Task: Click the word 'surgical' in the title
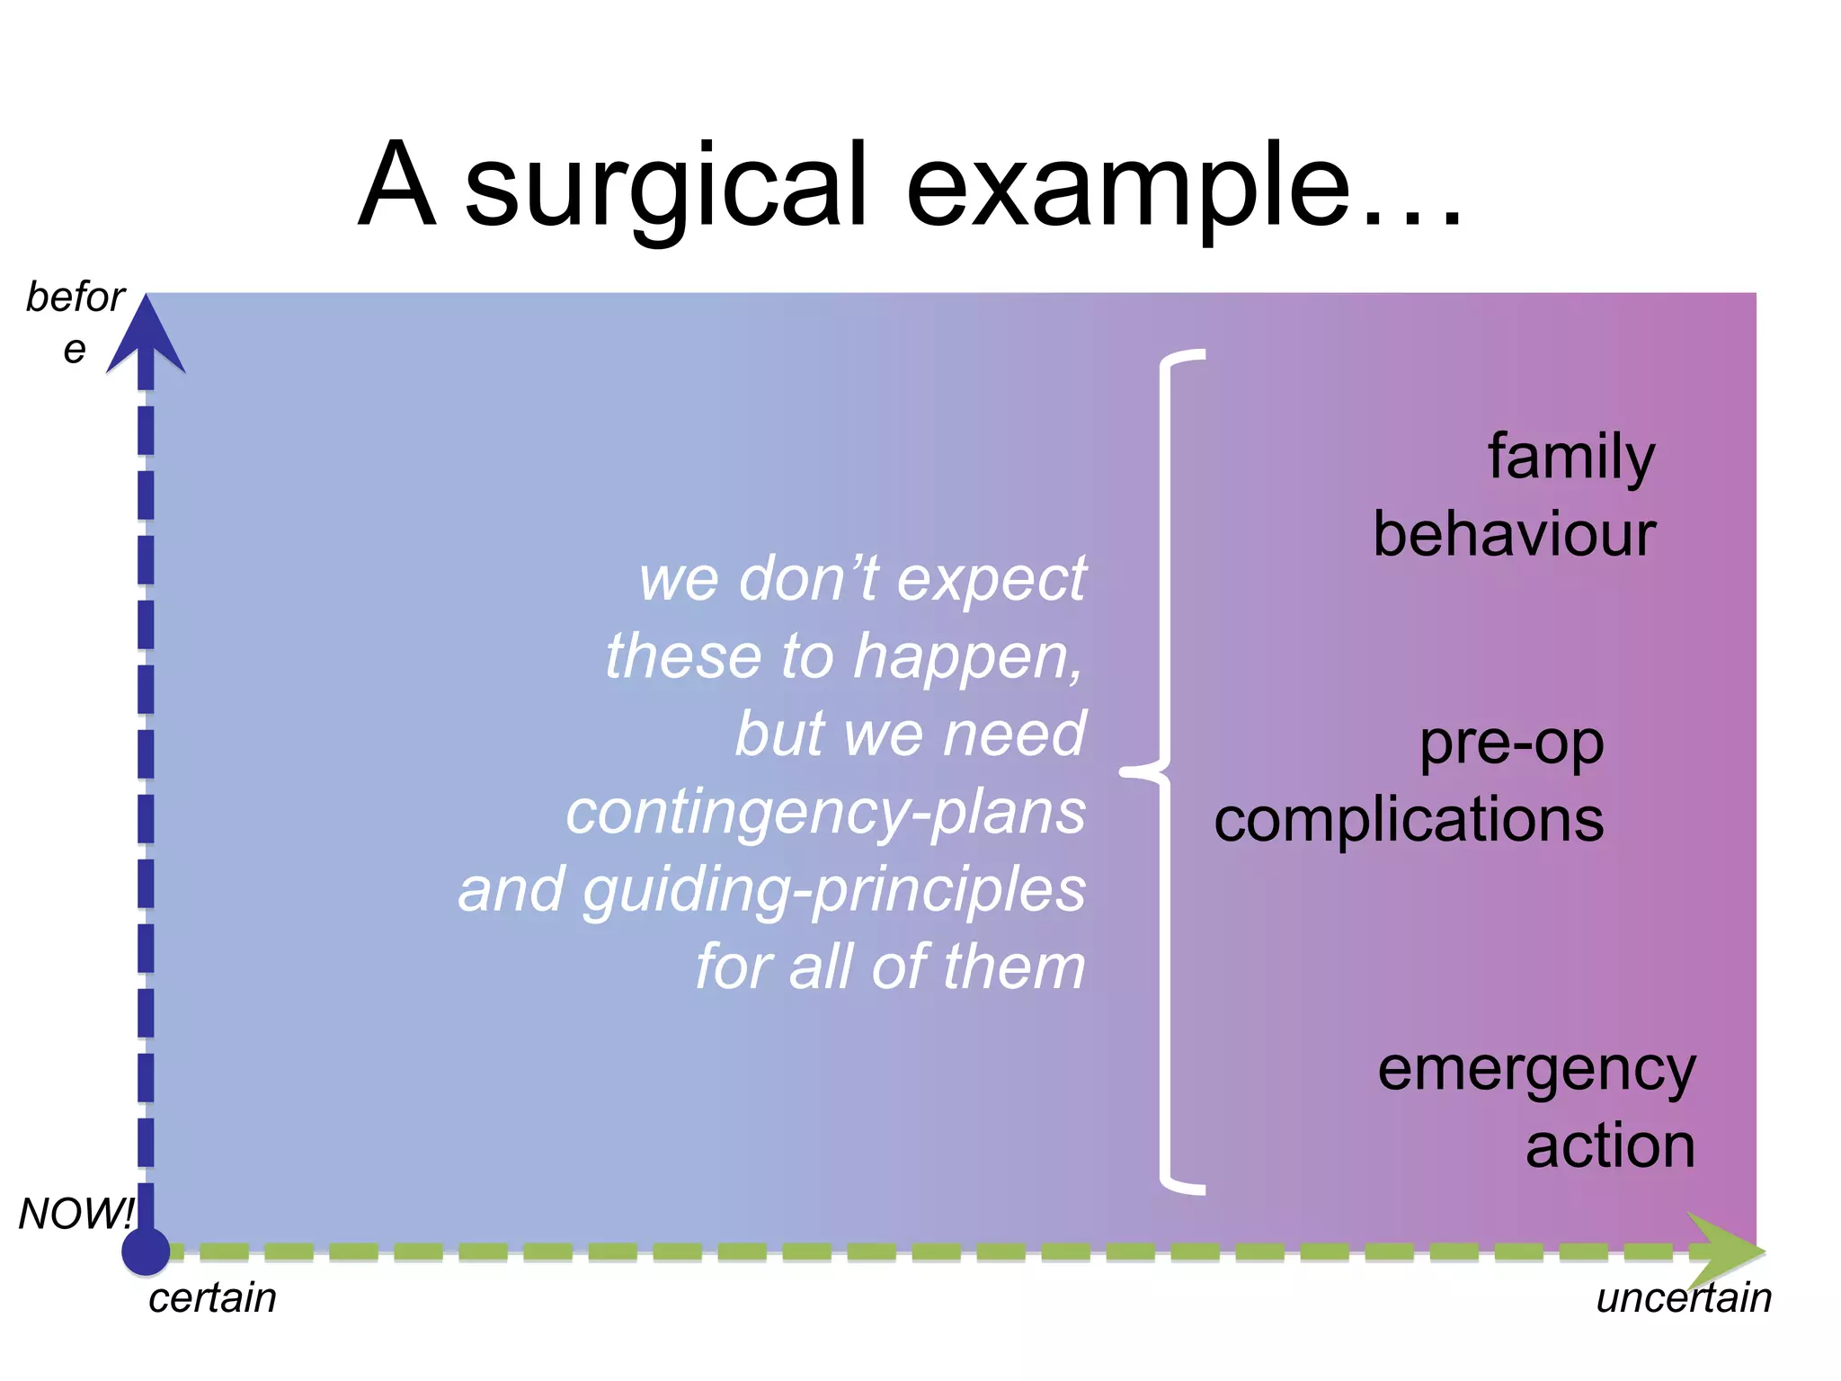coord(665,187)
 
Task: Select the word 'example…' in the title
coord(1185,187)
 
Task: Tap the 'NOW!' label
coord(76,1214)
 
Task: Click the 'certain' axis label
coord(212,1298)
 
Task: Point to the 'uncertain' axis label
coord(1684,1298)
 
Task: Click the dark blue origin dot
coord(146,1252)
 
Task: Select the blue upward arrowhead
coord(146,337)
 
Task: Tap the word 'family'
coord(1570,457)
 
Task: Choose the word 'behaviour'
coord(1514,535)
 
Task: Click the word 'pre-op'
coord(1511,744)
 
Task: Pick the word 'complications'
coord(1409,820)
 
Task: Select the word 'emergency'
coord(1536,1070)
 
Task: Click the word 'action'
coord(1610,1146)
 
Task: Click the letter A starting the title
coord(396,187)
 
